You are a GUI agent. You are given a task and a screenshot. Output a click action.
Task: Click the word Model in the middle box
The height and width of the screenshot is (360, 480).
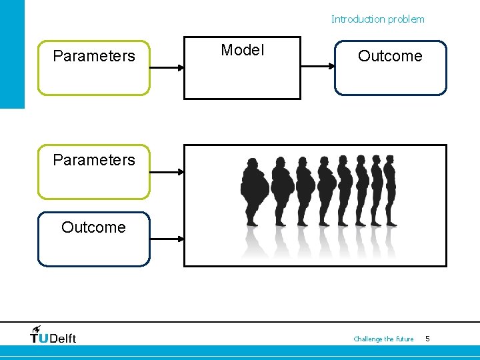tap(242, 50)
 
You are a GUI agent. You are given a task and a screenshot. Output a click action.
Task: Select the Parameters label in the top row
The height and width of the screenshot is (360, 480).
tap(94, 56)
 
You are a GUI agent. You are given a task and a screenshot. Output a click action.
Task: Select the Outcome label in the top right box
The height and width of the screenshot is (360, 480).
tap(390, 56)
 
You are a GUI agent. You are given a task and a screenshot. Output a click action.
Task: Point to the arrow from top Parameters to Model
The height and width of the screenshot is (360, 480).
tap(167, 67)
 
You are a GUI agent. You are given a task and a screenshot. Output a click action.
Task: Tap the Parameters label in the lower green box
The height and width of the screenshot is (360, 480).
tap(94, 160)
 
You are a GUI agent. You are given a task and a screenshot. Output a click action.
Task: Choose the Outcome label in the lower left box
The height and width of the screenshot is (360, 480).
tap(93, 227)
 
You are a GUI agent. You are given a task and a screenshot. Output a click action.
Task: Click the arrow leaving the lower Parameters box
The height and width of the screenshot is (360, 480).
tap(167, 172)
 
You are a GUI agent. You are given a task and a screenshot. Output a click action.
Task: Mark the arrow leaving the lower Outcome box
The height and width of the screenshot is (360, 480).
tap(167, 239)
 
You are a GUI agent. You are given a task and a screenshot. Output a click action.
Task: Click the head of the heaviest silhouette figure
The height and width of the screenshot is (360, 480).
tap(253, 163)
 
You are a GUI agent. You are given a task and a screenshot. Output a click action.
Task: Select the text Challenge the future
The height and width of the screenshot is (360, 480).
tap(383, 339)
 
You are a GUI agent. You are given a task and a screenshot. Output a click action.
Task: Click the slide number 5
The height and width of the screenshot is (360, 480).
tap(427, 339)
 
